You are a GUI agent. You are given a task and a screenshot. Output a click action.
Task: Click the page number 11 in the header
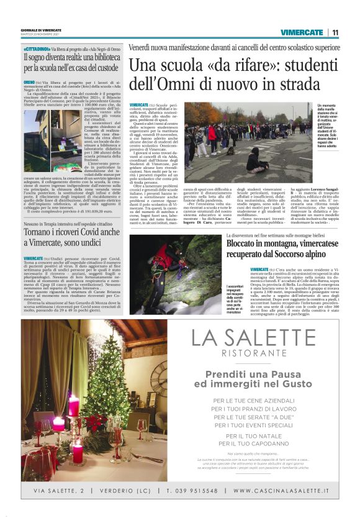pyautogui.click(x=335, y=32)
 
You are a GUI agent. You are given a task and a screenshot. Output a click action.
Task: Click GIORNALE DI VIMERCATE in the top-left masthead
pyautogui.click(x=40, y=30)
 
